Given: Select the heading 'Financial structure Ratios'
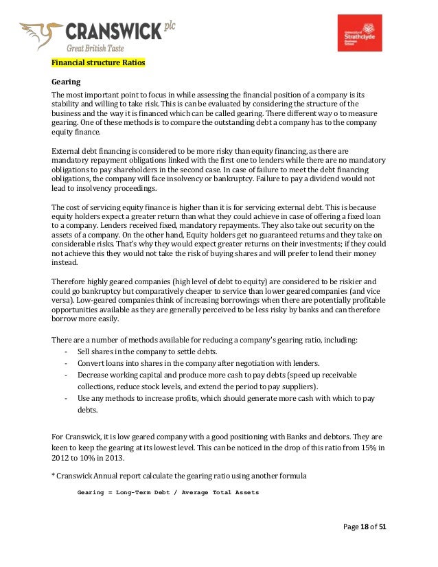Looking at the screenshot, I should coord(99,62).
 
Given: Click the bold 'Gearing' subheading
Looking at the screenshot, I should coord(65,81).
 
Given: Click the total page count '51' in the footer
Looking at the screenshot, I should coord(382,526).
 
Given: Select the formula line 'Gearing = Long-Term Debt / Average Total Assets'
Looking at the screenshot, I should coord(168,492).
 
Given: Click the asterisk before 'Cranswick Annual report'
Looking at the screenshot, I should coord(54,476).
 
